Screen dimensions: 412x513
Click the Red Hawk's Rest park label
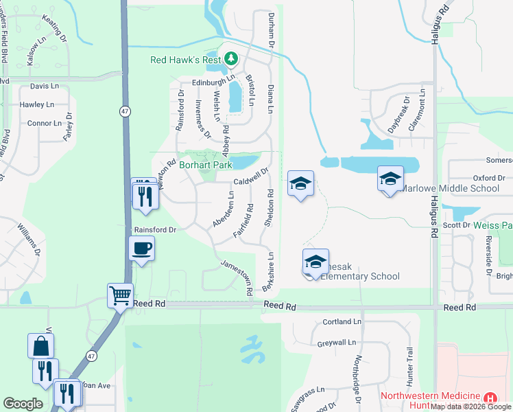pyautogui.click(x=185, y=60)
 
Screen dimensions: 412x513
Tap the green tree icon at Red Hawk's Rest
pyautogui.click(x=231, y=58)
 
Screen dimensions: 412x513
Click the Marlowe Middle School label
pyautogui.click(x=450, y=188)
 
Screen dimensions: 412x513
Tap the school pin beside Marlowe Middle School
pyautogui.click(x=390, y=180)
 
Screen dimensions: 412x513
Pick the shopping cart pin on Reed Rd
pyautogui.click(x=120, y=296)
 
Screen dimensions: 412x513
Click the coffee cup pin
pyautogui.click(x=142, y=248)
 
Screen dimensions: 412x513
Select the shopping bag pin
pyautogui.click(x=40, y=345)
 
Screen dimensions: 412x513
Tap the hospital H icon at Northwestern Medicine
pyautogui.click(x=490, y=398)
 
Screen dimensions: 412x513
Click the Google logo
pyautogui.click(x=23, y=404)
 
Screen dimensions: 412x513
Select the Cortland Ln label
pyautogui.click(x=342, y=321)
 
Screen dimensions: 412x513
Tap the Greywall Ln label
pyautogui.click(x=337, y=342)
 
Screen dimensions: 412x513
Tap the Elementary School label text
pyautogui.click(x=359, y=277)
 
